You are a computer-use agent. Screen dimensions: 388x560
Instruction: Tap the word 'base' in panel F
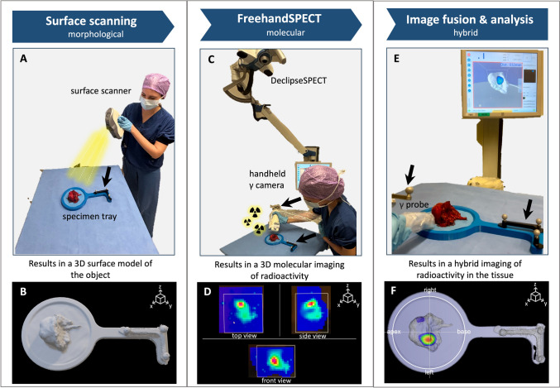coord(466,330)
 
